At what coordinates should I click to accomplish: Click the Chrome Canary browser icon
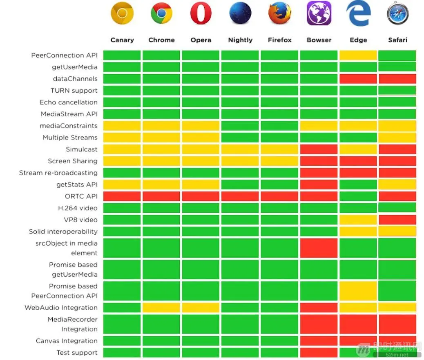(122, 14)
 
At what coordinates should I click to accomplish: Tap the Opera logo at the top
(201, 14)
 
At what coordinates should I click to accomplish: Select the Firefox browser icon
(280, 13)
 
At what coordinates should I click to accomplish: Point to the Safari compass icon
(397, 14)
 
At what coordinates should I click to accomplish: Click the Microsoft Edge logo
(358, 14)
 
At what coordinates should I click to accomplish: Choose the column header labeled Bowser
(319, 40)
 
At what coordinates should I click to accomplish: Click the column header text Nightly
(240, 40)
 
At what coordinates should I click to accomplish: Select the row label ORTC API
(81, 196)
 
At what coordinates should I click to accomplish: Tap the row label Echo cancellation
(69, 102)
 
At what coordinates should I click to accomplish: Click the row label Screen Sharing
(73, 161)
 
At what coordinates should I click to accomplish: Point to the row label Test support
(77, 353)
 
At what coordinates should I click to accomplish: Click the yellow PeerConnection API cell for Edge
(358, 56)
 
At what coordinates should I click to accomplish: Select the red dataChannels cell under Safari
(397, 79)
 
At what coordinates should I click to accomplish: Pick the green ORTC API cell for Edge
(358, 196)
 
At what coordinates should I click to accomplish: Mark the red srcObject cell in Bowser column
(319, 248)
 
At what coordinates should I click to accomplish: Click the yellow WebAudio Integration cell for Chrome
(161, 308)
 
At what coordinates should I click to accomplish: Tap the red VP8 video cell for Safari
(397, 220)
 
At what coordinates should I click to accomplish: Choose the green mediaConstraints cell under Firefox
(279, 126)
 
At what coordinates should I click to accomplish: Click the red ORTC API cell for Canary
(122, 196)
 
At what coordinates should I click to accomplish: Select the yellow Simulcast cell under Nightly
(240, 149)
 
